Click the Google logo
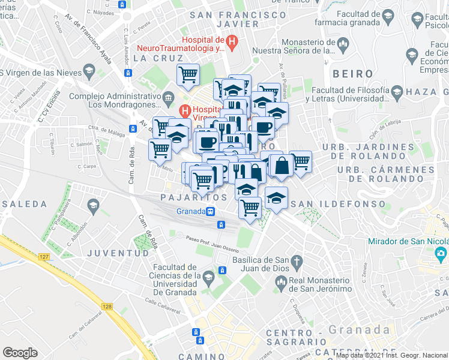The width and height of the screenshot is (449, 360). pyautogui.click(x=20, y=352)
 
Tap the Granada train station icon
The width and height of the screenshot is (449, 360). pyautogui.click(x=211, y=211)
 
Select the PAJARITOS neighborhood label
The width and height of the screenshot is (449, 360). pyautogui.click(x=194, y=197)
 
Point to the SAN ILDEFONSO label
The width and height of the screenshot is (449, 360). pyautogui.click(x=338, y=204)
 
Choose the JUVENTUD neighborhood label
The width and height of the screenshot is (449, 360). pyautogui.click(x=118, y=253)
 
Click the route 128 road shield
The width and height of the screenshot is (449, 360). pyautogui.click(x=107, y=307)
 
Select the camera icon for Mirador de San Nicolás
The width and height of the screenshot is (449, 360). pyautogui.click(x=441, y=253)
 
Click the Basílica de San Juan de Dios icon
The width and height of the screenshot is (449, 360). pyautogui.click(x=296, y=262)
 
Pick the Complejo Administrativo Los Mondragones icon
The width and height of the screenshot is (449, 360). pyautogui.click(x=169, y=97)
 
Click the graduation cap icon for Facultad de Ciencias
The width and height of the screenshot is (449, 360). pyautogui.click(x=208, y=277)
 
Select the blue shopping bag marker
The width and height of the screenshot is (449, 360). pyautogui.click(x=281, y=166)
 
